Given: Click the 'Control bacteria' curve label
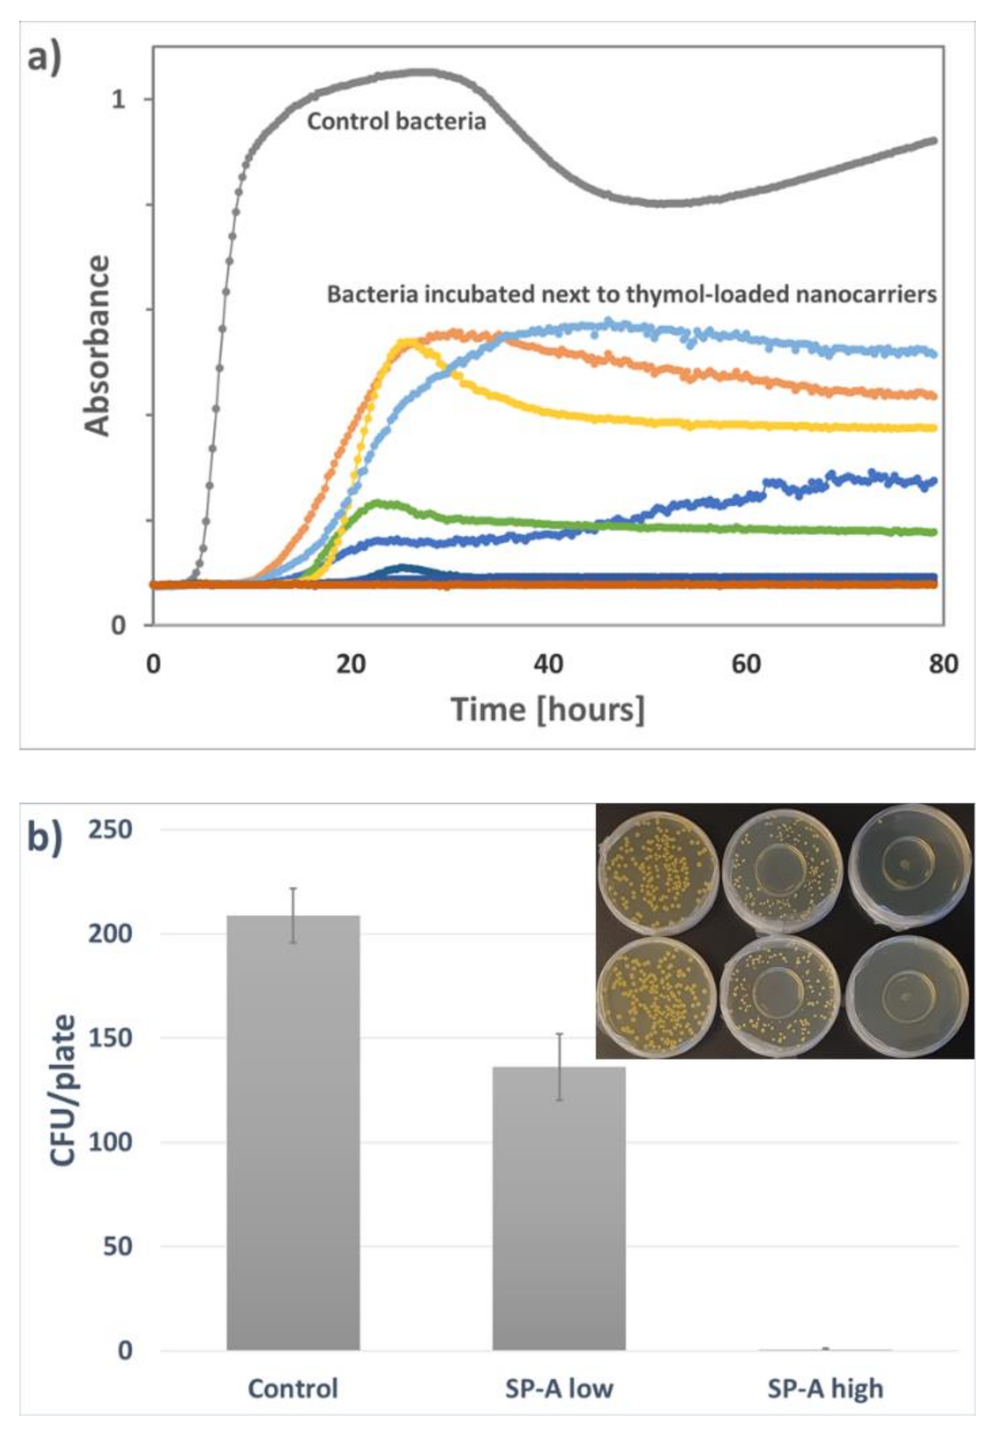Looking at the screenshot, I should (396, 121).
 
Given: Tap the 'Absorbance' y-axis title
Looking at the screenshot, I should (97, 346).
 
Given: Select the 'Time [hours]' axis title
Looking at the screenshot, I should (547, 710).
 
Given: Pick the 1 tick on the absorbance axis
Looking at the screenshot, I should (119, 99).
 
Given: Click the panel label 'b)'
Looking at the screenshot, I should (45, 841).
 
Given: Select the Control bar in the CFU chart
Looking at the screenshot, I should (293, 1135).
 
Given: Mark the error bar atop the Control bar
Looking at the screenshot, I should (293, 915).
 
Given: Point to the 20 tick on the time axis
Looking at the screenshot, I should (350, 664).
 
